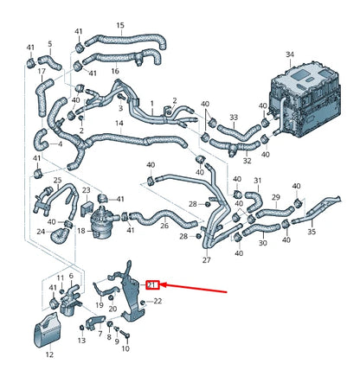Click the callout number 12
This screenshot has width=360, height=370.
point(48,354)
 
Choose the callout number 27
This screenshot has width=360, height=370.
point(206,259)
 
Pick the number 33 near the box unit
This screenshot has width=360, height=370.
point(233,117)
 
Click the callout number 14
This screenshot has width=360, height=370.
point(119,124)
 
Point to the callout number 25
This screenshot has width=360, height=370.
point(58,181)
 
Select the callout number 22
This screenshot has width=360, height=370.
point(157,301)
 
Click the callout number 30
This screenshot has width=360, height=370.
point(261,244)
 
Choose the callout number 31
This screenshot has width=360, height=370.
point(257,181)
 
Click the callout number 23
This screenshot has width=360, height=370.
point(86,189)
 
